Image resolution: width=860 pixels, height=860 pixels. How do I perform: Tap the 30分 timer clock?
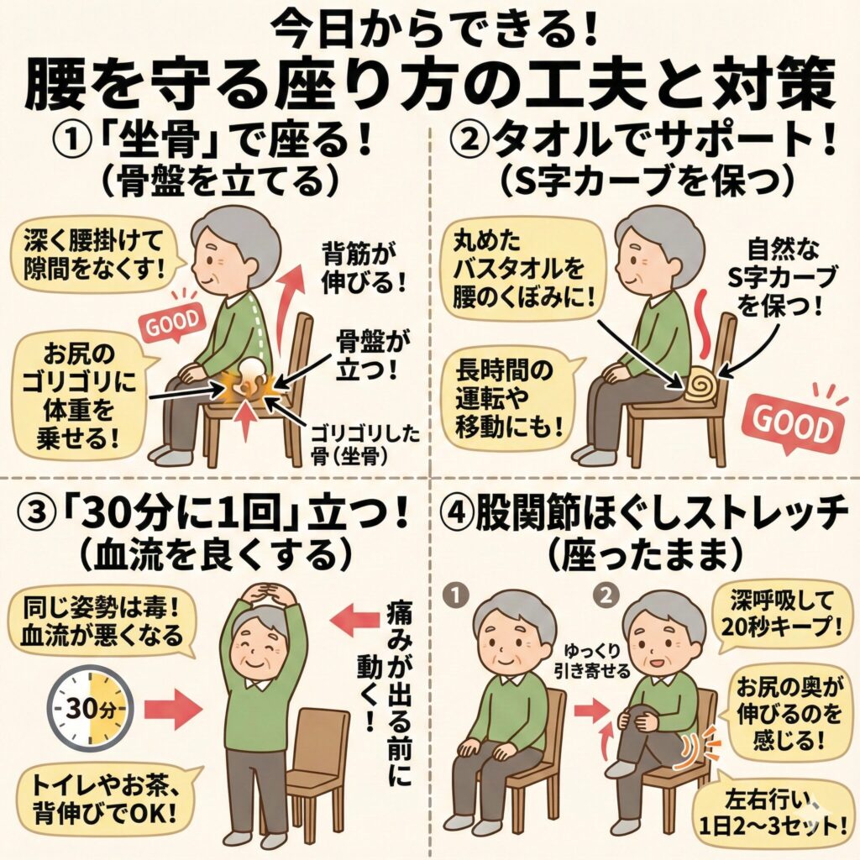click(90, 710)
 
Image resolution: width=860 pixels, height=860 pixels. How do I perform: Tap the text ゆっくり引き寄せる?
click(598, 660)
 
